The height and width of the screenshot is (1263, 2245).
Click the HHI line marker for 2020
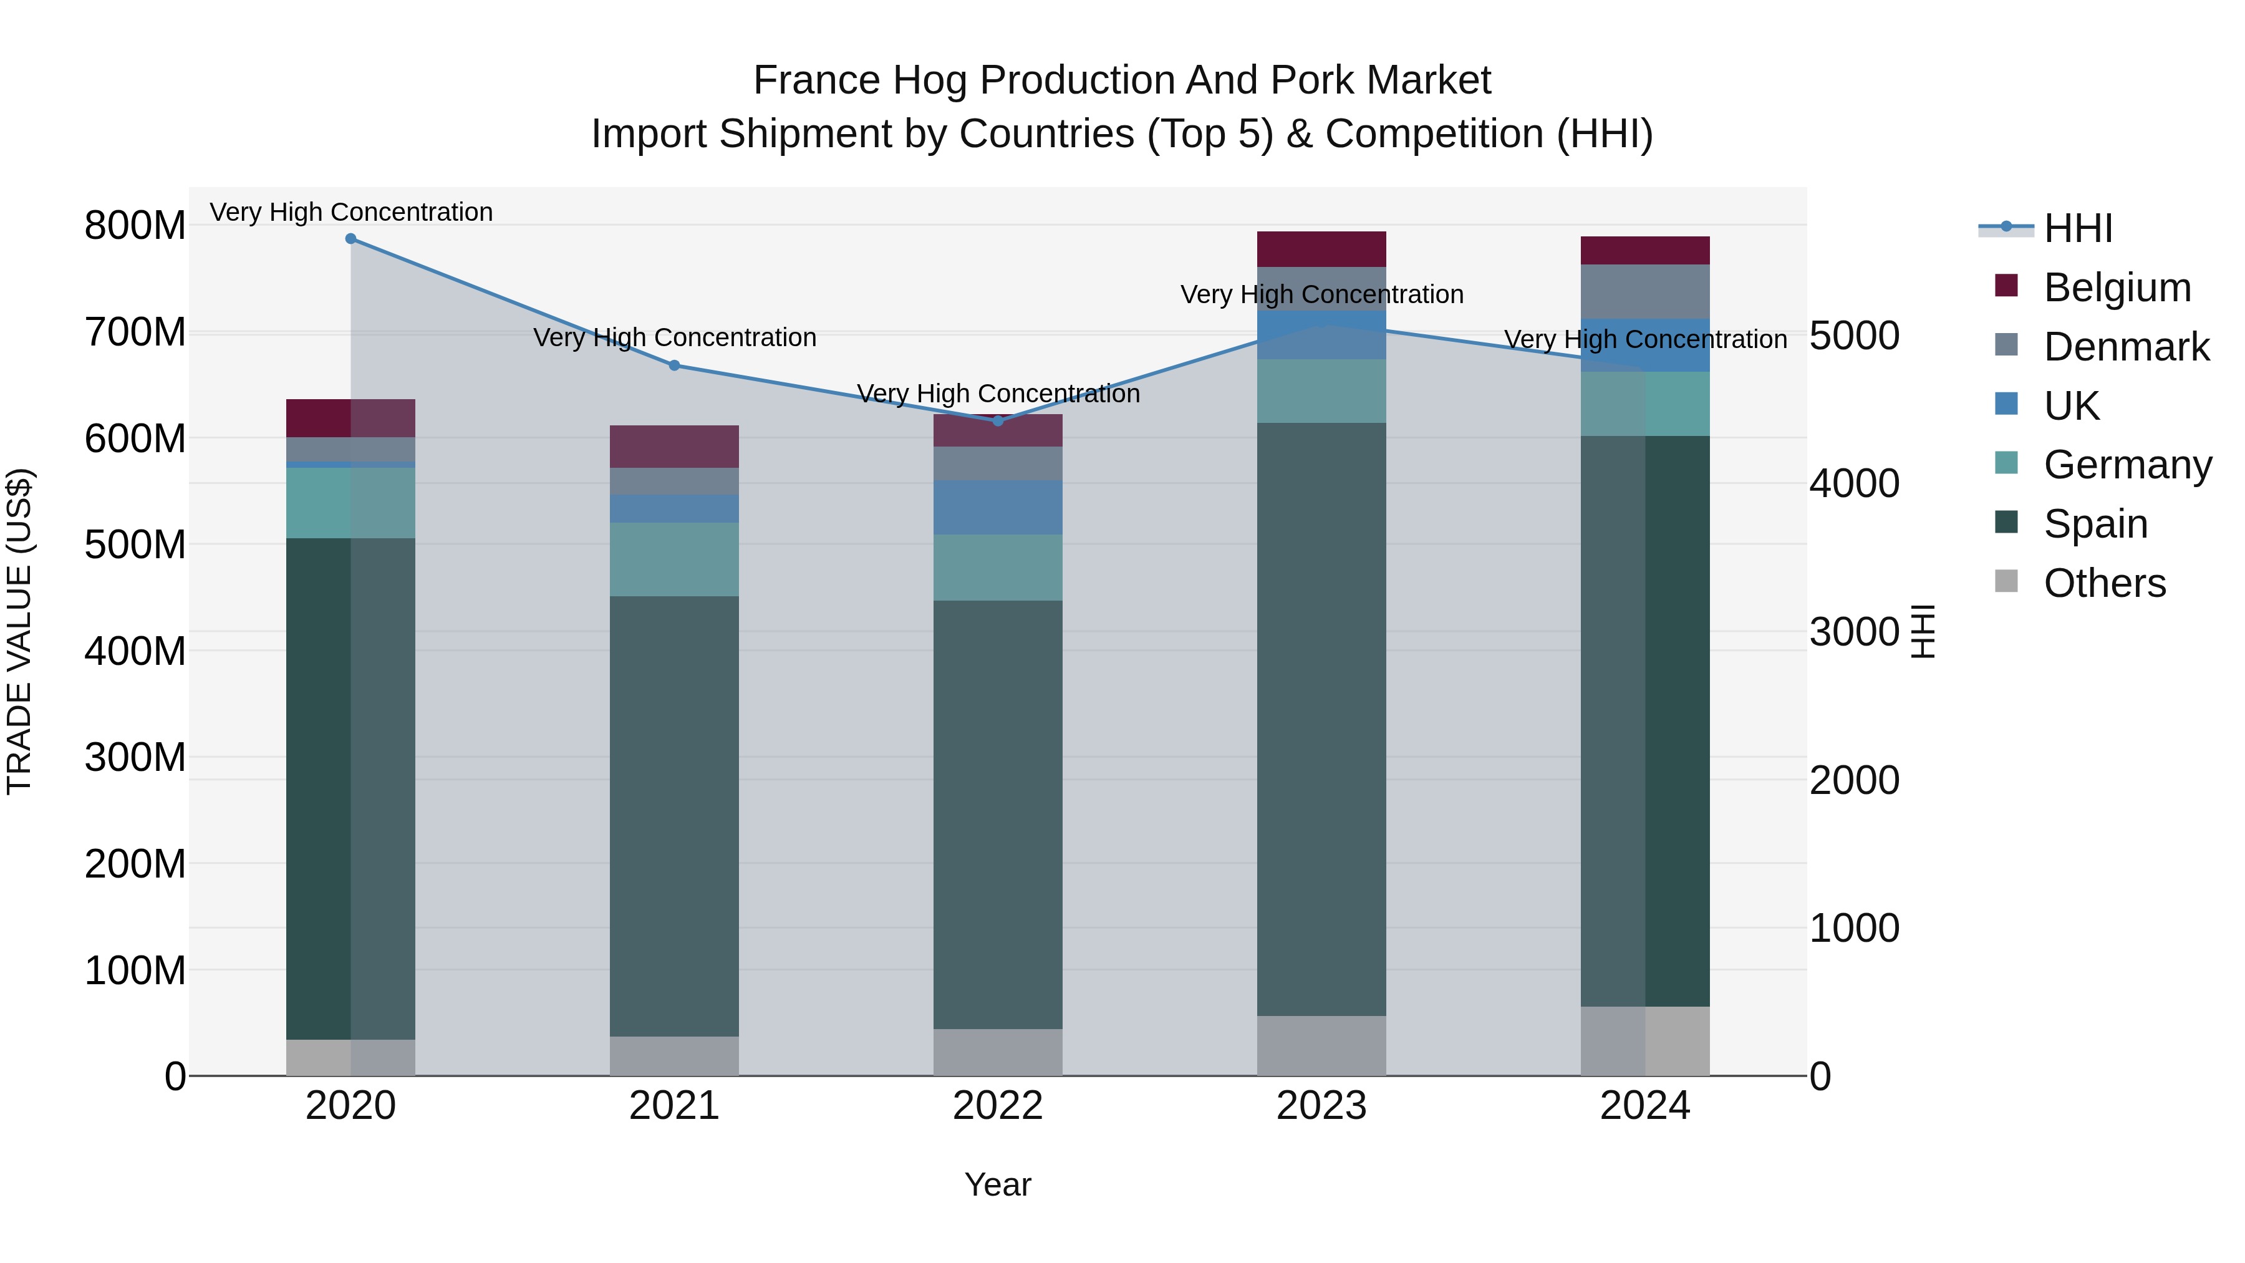(x=350, y=239)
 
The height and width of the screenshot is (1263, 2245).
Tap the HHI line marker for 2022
(x=998, y=421)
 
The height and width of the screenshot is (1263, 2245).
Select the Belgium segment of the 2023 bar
(x=1321, y=249)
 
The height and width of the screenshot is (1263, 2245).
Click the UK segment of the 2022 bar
(x=998, y=507)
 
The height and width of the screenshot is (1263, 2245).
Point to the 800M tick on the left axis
(x=135, y=226)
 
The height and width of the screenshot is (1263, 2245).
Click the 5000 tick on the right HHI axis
(x=1855, y=336)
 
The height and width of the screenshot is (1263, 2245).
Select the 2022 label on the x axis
(x=998, y=1106)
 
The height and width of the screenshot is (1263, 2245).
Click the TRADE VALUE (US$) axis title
(x=19, y=631)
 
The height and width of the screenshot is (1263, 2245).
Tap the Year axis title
(x=998, y=1184)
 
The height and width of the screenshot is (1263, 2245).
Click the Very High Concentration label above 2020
(x=351, y=212)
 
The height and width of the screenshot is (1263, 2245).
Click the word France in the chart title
(x=816, y=80)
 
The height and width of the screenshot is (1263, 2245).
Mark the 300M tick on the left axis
(x=135, y=757)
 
